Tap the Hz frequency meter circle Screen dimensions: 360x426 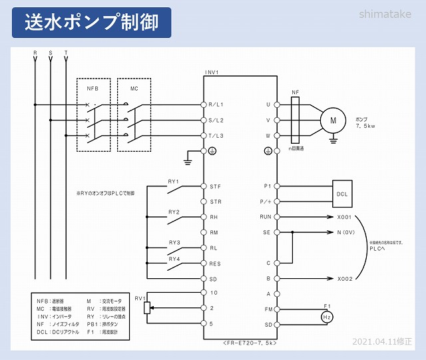327,317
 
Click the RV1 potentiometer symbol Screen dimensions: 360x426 148,308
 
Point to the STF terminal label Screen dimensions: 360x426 215,186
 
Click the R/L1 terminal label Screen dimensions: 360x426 217,104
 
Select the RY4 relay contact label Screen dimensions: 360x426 174,258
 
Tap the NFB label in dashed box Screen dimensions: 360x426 93,88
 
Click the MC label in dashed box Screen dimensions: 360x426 134,88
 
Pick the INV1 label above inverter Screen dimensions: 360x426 212,72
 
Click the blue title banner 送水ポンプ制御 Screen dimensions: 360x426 92,22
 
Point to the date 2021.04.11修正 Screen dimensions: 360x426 382,341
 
